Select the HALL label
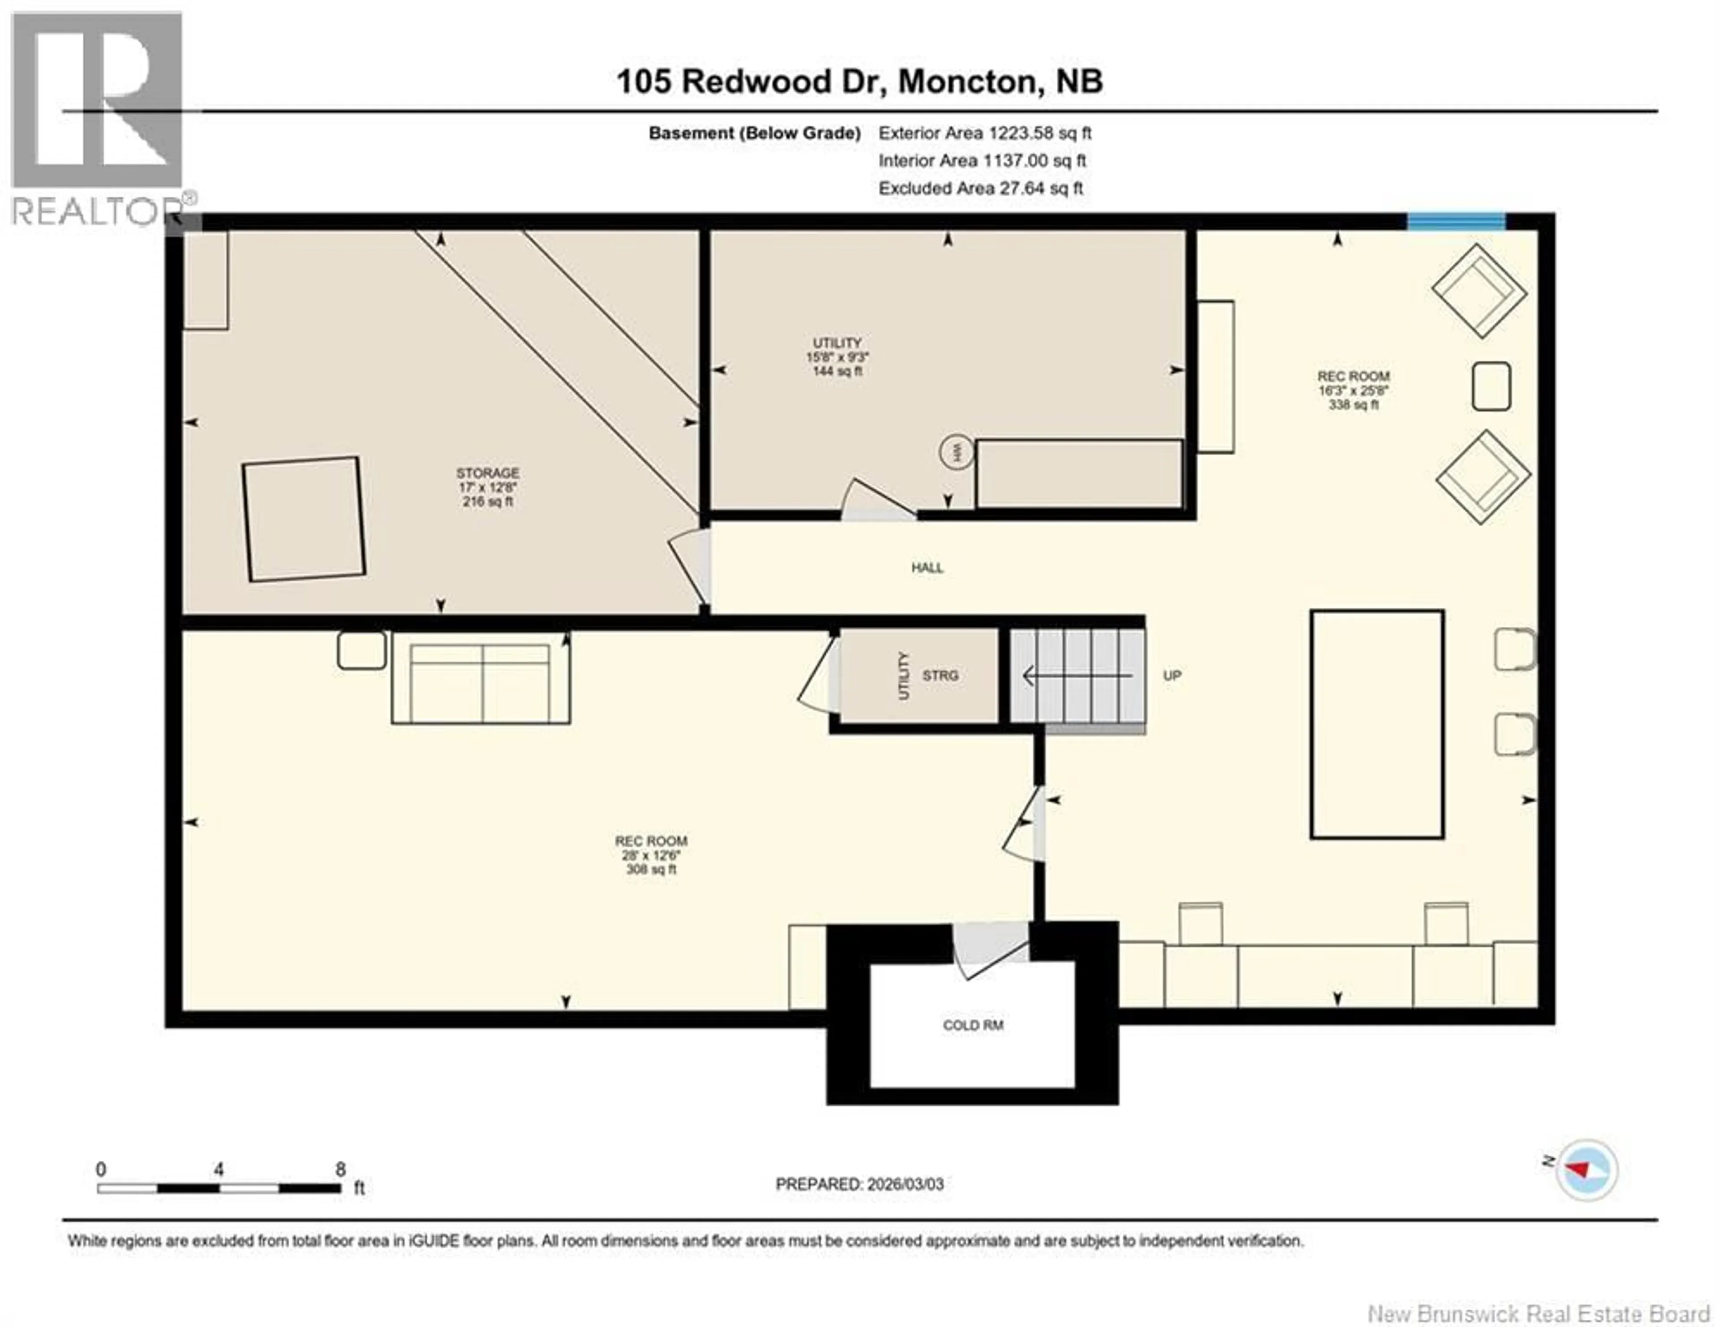(927, 568)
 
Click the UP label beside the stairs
(1172, 675)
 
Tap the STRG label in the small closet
(940, 675)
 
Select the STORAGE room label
(487, 473)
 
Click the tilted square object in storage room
(304, 519)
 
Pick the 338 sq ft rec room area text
(1353, 405)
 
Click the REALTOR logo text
(97, 211)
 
